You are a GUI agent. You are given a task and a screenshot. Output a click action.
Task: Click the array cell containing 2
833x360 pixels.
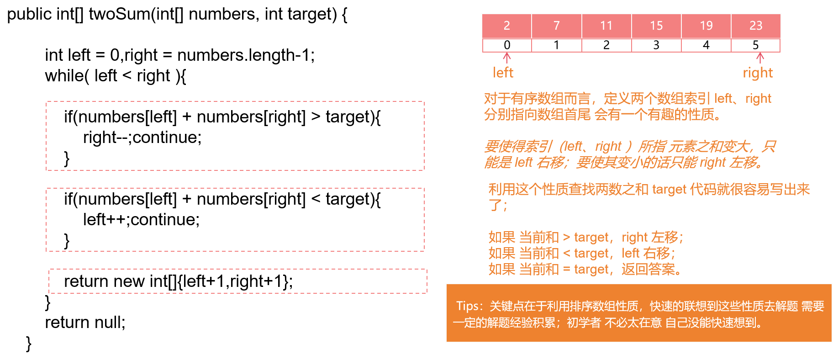(x=506, y=26)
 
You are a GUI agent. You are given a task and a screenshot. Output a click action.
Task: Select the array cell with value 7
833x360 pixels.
(x=556, y=26)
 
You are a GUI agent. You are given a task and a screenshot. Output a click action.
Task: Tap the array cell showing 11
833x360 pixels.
(x=606, y=26)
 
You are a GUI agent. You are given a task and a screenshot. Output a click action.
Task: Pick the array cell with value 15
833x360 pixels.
(x=656, y=26)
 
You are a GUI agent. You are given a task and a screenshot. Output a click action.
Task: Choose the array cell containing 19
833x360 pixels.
(x=706, y=26)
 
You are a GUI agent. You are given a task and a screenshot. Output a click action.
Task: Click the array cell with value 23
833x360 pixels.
(x=756, y=26)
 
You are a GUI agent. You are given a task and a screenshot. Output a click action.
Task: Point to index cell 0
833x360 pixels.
(x=507, y=45)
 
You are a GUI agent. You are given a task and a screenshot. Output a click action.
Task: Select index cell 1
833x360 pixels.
(x=556, y=45)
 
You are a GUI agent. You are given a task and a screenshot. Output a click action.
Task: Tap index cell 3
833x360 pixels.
(x=656, y=45)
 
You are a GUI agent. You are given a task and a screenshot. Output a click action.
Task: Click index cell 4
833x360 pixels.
(x=706, y=45)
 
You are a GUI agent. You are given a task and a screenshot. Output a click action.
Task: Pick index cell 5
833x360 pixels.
(x=756, y=45)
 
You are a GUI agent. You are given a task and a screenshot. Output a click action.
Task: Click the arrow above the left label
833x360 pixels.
(x=507, y=58)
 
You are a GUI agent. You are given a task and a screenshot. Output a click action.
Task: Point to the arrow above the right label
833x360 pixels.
(x=760, y=58)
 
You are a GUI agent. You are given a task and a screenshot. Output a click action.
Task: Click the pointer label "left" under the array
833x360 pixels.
(x=503, y=73)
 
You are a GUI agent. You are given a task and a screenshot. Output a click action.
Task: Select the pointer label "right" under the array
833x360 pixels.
(x=758, y=73)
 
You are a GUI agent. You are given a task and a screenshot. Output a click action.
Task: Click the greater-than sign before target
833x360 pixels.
(x=566, y=237)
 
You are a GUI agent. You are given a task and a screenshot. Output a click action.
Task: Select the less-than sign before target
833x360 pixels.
(x=566, y=253)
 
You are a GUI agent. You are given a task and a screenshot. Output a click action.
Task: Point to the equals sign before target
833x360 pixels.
(x=566, y=269)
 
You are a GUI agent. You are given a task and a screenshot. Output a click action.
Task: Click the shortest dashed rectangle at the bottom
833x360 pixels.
(x=237, y=281)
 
